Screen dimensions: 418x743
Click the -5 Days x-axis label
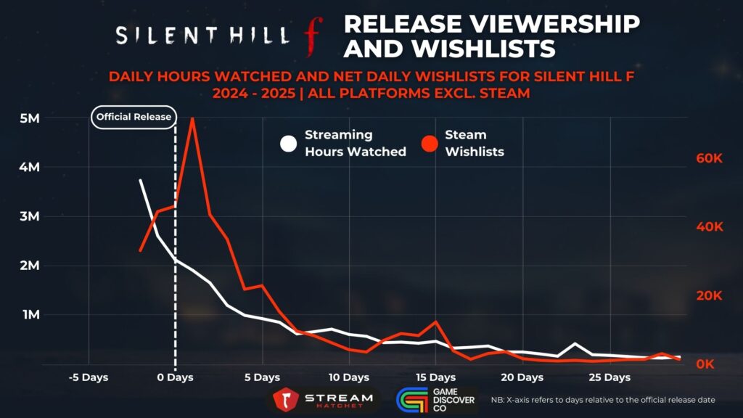coord(88,378)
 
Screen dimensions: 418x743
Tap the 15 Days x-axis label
coord(435,378)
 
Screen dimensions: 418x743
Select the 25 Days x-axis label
coord(609,378)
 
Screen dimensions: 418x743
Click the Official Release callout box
coord(134,117)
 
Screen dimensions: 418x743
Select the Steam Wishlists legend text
coord(474,143)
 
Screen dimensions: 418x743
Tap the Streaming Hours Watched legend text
coord(355,143)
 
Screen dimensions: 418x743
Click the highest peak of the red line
coord(192,119)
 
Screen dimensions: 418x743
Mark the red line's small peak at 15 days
coord(435,321)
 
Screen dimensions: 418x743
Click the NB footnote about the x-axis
coord(603,400)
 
